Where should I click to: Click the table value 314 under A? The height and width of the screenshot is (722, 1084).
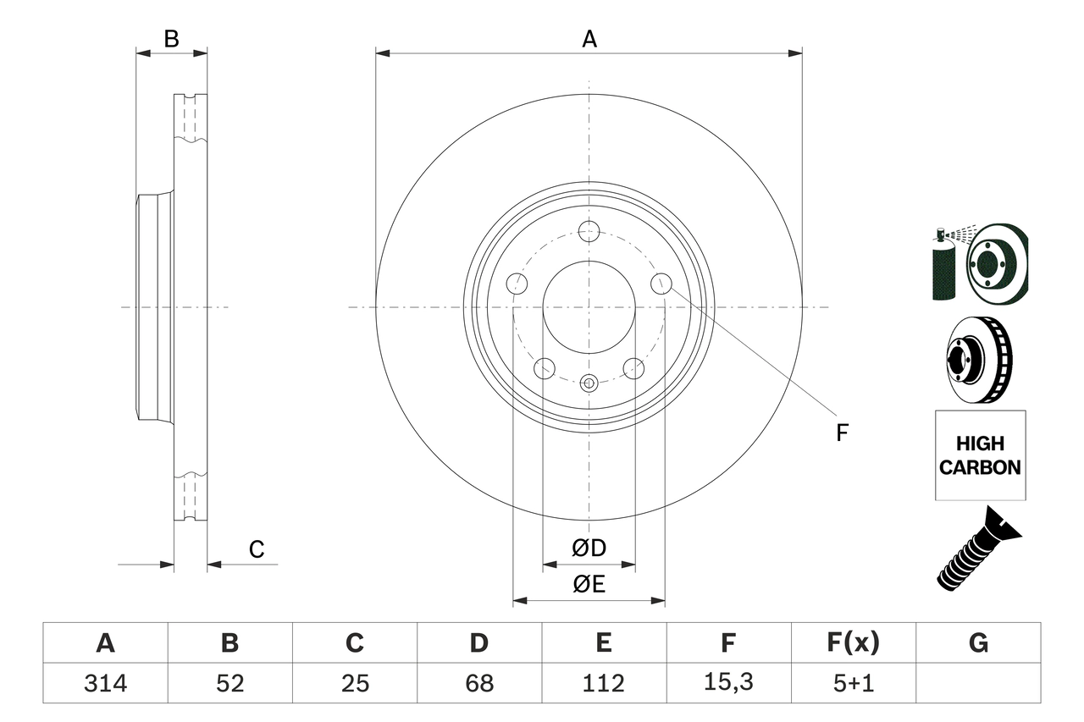tap(105, 683)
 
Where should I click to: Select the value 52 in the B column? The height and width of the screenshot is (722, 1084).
tap(230, 683)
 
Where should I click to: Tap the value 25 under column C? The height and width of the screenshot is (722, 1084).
tap(354, 683)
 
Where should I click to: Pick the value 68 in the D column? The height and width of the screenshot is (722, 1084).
tap(478, 683)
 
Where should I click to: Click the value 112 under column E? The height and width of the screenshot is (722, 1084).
tap(603, 683)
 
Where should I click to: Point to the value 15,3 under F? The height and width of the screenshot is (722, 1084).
tap(727, 683)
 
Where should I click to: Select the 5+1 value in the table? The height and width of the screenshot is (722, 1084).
tap(853, 683)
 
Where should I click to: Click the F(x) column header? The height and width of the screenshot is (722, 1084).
tap(853, 643)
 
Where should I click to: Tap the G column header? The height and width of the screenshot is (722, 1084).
tap(978, 643)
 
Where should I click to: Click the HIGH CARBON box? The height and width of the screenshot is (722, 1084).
tap(980, 455)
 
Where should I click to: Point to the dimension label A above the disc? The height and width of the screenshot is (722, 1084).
tap(589, 39)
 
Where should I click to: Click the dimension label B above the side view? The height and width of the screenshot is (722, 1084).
tap(172, 39)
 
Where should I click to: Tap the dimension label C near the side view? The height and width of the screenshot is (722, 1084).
tap(257, 549)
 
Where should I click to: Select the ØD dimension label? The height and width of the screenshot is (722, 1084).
tap(589, 548)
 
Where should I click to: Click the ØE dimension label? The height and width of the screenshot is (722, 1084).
tap(589, 585)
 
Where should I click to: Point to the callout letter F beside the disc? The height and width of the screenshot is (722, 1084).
tap(842, 433)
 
